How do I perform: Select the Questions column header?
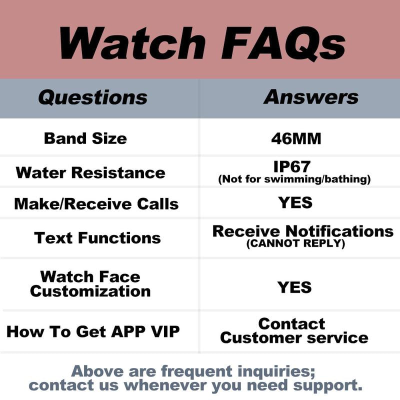pyautogui.click(x=93, y=97)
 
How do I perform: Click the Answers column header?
pyautogui.click(x=311, y=97)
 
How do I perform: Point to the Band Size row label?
pyautogui.click(x=85, y=138)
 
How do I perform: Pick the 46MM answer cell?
pyautogui.click(x=296, y=138)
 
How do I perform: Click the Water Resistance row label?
pyautogui.click(x=90, y=173)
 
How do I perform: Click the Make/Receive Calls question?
pyautogui.click(x=96, y=204)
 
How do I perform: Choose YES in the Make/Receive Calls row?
pyautogui.click(x=295, y=202)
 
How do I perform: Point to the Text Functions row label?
pyautogui.click(x=97, y=237)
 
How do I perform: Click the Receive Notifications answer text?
pyautogui.click(x=303, y=231)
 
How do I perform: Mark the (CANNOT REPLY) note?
pyautogui.click(x=295, y=244)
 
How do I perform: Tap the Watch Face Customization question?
pyautogui.click(x=90, y=283)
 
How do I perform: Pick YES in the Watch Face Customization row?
pyautogui.click(x=295, y=287)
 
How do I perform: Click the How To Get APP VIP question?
pyautogui.click(x=93, y=331)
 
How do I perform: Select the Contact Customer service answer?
pyautogui.click(x=294, y=330)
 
